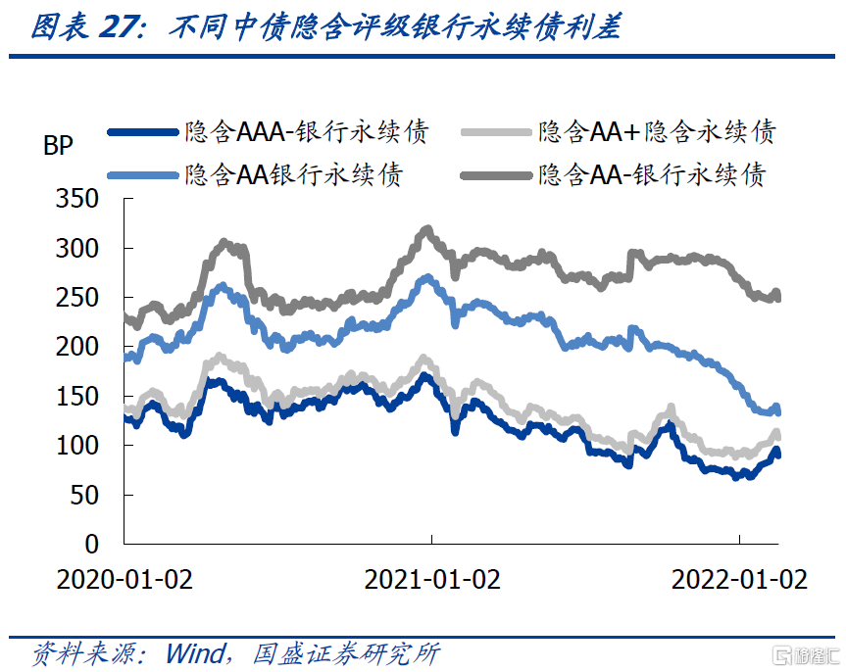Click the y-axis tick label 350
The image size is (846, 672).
(x=79, y=199)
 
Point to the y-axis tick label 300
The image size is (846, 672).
(x=79, y=248)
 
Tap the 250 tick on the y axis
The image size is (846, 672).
(x=79, y=297)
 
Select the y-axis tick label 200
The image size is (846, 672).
(x=79, y=347)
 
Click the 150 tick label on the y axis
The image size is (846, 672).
(x=79, y=396)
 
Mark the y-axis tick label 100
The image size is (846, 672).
(x=79, y=445)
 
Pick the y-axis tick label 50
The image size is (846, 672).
(x=86, y=495)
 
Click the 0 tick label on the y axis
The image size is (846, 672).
(x=93, y=544)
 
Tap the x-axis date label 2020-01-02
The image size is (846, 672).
(x=125, y=579)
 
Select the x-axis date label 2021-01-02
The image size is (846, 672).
(x=432, y=579)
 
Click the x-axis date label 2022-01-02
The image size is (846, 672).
(x=739, y=579)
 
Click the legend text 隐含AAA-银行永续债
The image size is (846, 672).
(x=307, y=131)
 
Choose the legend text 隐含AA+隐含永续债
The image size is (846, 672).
(x=657, y=131)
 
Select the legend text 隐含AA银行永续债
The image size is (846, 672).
(x=293, y=174)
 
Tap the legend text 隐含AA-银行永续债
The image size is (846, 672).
(x=651, y=174)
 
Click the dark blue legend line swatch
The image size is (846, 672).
(x=142, y=132)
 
